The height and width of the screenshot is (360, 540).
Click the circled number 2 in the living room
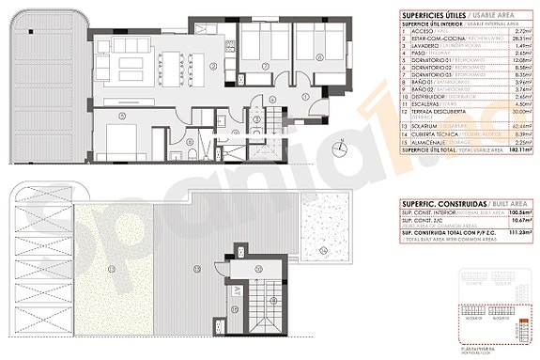tap(213, 66)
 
